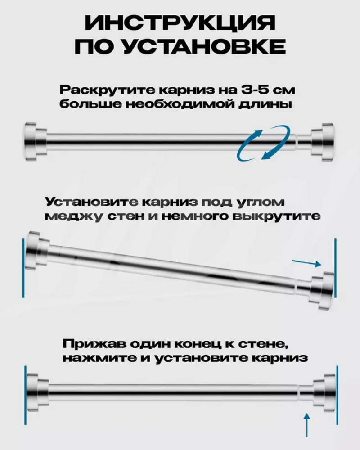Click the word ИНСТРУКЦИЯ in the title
pos(180,22)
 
